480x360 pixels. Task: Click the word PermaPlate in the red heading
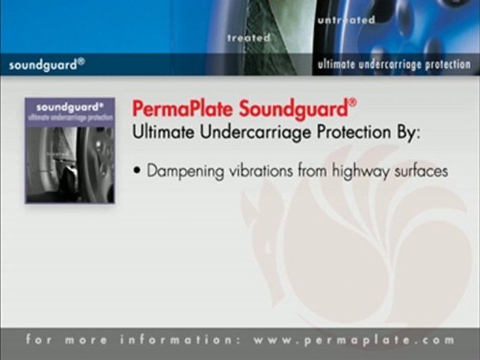click(182, 108)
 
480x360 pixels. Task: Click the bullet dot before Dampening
click(136, 171)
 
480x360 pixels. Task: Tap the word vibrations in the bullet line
click(261, 171)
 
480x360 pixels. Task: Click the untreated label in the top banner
click(346, 20)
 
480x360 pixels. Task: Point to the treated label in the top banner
click(249, 38)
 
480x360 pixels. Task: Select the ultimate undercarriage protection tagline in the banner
click(394, 64)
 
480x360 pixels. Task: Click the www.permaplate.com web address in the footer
click(354, 340)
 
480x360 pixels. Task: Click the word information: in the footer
click(180, 340)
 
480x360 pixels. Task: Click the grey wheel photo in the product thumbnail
click(70, 164)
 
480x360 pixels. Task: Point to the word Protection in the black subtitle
click(354, 132)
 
